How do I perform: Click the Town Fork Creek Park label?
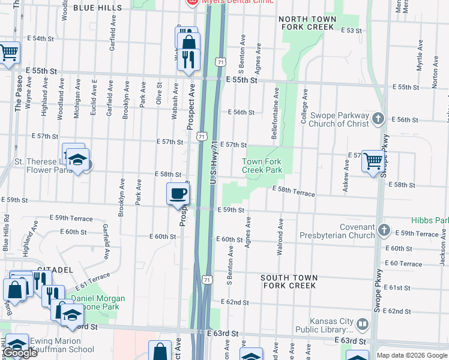(x=262, y=166)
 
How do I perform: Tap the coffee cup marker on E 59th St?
(x=178, y=194)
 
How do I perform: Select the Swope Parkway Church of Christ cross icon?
(x=378, y=118)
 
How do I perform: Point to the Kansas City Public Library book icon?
(x=363, y=325)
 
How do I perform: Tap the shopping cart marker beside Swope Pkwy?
(x=373, y=161)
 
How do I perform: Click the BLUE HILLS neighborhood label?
(x=97, y=8)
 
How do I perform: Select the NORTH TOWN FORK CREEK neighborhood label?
(x=307, y=23)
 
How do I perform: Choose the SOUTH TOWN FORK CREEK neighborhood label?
(x=289, y=281)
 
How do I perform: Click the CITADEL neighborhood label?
(x=55, y=270)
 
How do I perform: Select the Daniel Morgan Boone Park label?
(x=98, y=302)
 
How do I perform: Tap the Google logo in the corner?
(x=20, y=353)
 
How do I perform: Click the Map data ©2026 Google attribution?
(x=411, y=355)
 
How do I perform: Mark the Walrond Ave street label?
(x=280, y=237)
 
